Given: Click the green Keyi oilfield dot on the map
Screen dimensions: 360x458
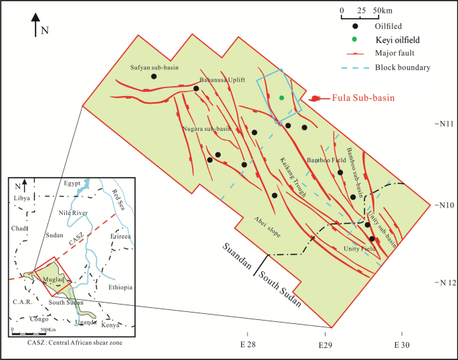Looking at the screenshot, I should click(281, 98).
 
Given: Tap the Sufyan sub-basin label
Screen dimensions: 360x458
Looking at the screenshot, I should click(150, 67).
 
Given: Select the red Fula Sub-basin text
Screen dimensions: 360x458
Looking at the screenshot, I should click(362, 98).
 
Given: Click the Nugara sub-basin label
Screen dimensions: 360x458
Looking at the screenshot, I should click(207, 128).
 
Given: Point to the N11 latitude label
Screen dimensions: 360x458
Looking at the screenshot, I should click(445, 124).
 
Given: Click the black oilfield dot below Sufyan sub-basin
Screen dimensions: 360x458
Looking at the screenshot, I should click(154, 76).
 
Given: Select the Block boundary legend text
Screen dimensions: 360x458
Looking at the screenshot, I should click(403, 67).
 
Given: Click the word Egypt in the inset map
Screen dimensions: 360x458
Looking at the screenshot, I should click(72, 183).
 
